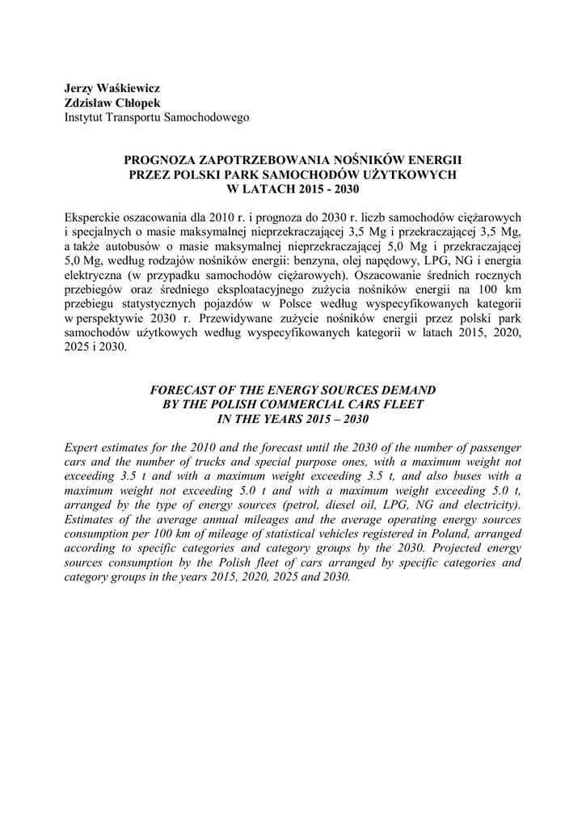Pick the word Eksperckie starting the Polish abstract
(x=92, y=218)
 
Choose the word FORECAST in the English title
(x=183, y=390)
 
